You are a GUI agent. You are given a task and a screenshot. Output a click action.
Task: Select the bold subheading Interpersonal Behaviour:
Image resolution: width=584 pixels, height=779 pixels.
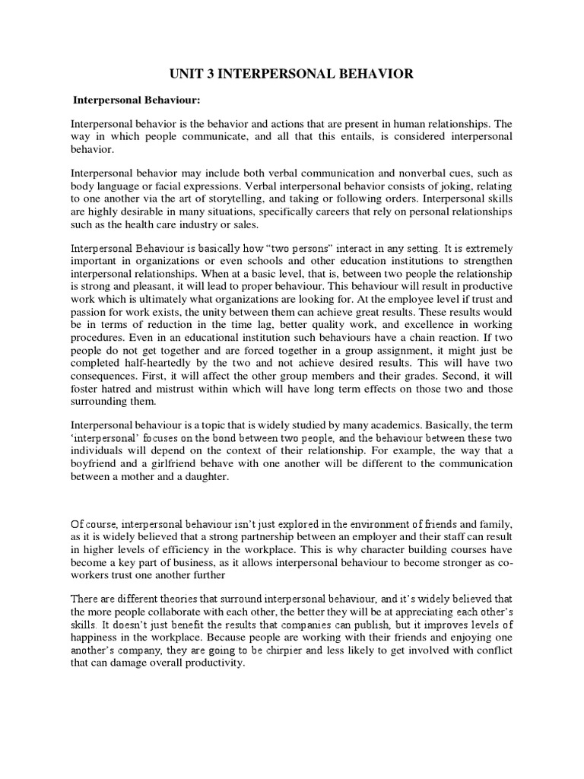click(136, 100)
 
